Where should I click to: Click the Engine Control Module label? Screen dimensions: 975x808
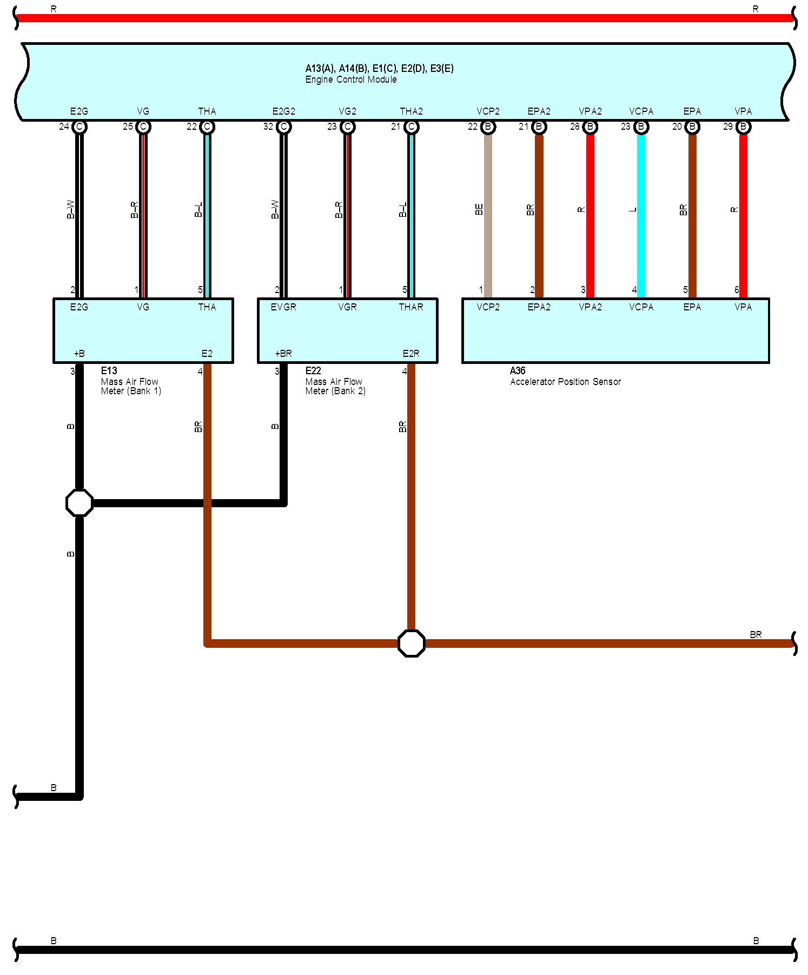tap(351, 79)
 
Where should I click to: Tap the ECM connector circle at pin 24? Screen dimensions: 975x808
tap(79, 127)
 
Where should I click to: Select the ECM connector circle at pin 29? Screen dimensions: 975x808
tap(743, 127)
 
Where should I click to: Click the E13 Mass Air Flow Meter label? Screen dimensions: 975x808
tap(130, 381)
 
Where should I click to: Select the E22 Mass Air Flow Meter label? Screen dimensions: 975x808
tap(335, 381)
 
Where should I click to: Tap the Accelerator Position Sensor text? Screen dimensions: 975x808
tap(565, 382)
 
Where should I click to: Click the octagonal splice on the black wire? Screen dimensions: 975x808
tap(79, 503)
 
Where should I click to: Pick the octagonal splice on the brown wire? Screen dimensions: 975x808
tap(411, 643)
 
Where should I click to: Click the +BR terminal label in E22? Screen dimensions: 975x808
tap(283, 354)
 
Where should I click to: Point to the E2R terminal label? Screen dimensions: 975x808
tap(411, 354)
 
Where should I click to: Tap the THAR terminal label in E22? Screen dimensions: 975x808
tap(411, 307)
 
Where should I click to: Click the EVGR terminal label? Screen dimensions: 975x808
tap(283, 307)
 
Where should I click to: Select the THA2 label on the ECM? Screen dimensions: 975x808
tap(411, 111)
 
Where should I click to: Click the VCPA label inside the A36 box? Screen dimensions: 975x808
tap(641, 307)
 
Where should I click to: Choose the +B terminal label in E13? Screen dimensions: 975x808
tap(79, 354)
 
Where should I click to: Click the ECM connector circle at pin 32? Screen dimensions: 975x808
tap(283, 127)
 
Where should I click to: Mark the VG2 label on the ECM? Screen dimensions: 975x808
tap(347, 111)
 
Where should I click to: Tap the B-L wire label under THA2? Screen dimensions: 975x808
tap(403, 210)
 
